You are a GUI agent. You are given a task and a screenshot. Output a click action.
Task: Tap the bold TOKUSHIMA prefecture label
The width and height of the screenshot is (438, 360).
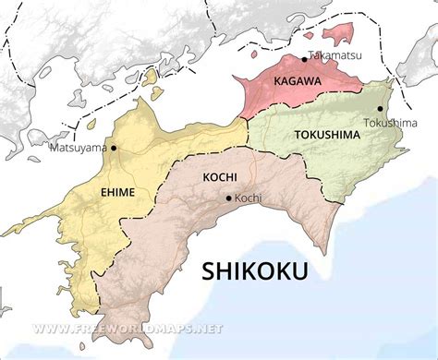(x=329, y=135)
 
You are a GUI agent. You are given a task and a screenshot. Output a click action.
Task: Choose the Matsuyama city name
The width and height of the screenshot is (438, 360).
(x=78, y=147)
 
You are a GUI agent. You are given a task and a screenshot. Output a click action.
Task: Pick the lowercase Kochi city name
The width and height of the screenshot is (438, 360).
(x=249, y=198)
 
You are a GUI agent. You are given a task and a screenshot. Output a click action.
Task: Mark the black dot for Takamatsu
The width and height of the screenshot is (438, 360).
(x=304, y=59)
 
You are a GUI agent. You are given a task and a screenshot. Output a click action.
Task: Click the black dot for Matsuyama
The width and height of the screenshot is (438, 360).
(x=114, y=148)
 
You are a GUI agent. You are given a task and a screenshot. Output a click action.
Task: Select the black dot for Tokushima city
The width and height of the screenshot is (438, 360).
(x=380, y=109)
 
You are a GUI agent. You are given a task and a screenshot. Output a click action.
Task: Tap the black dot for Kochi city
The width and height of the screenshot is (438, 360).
(x=229, y=198)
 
